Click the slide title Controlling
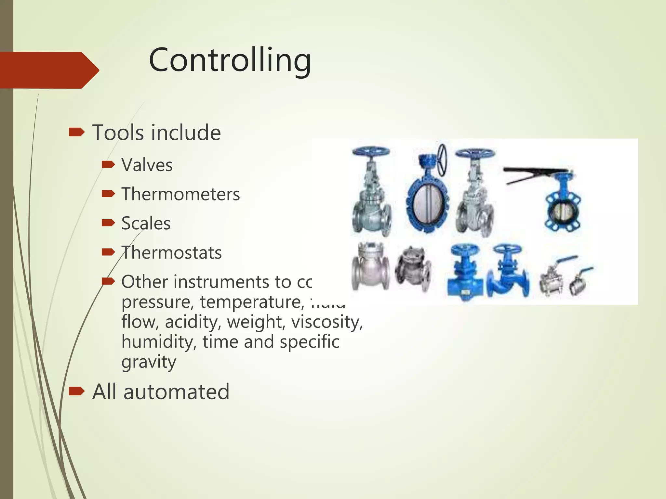230,60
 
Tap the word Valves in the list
147,165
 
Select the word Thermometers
180,194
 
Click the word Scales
146,224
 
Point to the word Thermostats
171,253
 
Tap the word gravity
149,362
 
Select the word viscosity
327,322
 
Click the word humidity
159,342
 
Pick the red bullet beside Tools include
77,133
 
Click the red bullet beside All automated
77,391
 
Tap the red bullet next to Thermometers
108,194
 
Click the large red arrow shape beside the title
49,70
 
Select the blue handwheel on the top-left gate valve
371,152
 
